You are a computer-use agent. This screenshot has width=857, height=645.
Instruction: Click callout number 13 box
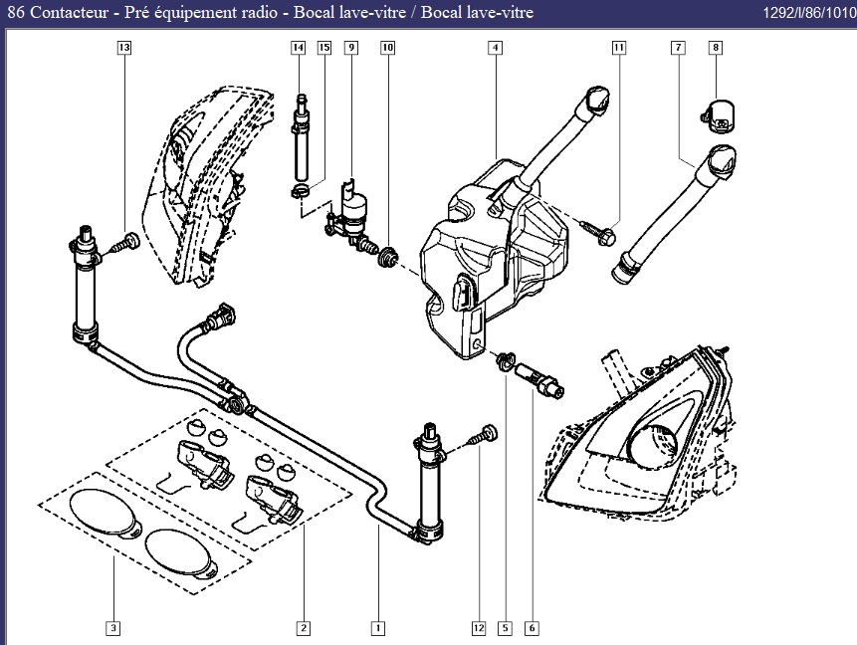123,48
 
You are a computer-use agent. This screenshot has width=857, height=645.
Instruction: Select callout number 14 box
298,48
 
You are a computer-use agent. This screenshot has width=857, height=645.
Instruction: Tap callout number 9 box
350,48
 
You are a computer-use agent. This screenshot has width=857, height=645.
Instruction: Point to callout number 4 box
495,48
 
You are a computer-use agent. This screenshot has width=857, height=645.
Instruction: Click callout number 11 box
618,48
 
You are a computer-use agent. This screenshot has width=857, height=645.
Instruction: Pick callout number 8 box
716,48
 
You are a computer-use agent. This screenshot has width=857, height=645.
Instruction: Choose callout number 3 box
113,628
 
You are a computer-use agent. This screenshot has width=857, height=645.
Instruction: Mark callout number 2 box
303,628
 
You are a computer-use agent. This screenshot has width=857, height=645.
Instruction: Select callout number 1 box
378,628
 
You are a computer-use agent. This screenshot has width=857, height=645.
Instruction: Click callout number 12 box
479,628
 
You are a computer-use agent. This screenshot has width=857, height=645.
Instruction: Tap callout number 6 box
533,628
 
